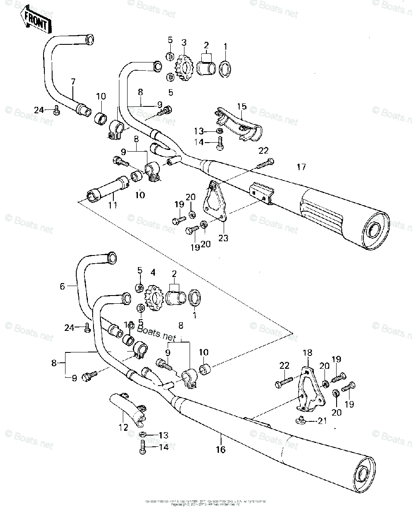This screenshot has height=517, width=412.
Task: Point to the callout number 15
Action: (241, 106)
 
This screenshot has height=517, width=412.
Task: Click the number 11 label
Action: (112, 205)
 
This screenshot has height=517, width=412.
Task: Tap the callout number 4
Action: (153, 272)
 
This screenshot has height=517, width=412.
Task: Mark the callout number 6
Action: (62, 286)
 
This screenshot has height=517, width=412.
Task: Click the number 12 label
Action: (124, 427)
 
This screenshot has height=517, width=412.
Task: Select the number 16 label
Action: (221, 450)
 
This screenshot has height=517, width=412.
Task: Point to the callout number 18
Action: (307, 352)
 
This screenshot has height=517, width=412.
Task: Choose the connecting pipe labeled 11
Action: (108, 192)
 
